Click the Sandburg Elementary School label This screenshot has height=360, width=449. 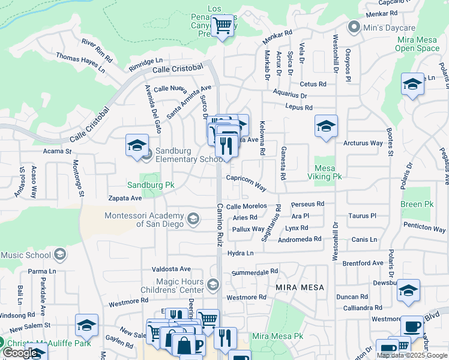[x=185, y=155]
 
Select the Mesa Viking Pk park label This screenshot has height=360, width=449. [x=328, y=172]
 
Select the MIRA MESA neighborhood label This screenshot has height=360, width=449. [x=300, y=287]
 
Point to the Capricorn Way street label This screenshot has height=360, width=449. [x=246, y=182]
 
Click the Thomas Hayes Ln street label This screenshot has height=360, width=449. [x=80, y=62]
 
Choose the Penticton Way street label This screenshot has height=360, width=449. [x=424, y=229]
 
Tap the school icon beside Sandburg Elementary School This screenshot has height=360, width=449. [x=136, y=145]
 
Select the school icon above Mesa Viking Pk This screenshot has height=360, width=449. [x=326, y=126]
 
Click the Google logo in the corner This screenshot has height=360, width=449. [x=20, y=353]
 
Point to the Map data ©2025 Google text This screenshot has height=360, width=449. [x=412, y=355]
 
